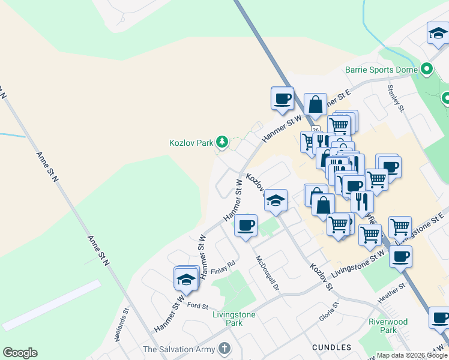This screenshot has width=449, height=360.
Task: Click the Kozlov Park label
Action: [191, 143]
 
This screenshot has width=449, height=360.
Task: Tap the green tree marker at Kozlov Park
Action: [223, 142]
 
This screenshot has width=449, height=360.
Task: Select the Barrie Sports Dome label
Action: [381, 70]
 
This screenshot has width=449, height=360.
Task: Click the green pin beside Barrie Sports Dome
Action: [427, 70]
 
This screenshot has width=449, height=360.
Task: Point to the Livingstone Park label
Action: [234, 319]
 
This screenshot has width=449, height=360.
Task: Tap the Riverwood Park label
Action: [388, 326]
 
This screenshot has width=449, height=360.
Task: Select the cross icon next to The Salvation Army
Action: [224, 348]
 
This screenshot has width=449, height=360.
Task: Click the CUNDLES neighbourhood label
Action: [331, 347]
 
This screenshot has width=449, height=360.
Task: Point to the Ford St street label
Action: [197, 305]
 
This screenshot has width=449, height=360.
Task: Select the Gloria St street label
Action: [329, 312]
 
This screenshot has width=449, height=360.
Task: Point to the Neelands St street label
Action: [122, 325]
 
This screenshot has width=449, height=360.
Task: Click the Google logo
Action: [20, 353]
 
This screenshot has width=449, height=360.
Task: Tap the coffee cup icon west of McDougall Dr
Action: [246, 226]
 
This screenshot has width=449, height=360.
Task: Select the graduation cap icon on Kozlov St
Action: [276, 200]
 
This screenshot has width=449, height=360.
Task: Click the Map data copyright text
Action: [411, 355]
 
